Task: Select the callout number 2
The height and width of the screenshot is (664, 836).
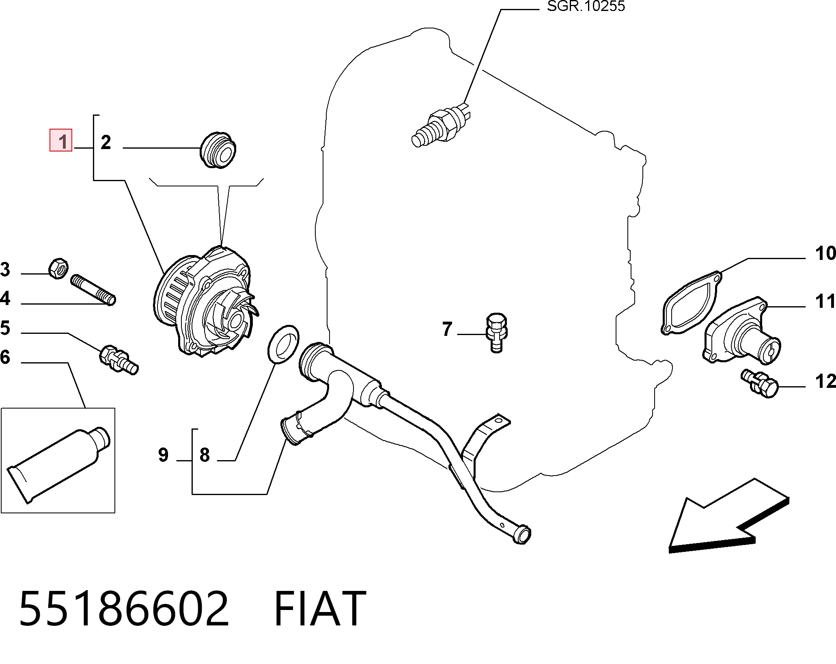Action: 106,143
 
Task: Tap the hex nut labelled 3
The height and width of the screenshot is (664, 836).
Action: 58,268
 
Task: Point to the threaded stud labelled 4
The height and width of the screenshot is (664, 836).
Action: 93,290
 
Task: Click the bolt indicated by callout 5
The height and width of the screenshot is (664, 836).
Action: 119,359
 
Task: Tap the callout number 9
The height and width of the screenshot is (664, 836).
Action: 163,455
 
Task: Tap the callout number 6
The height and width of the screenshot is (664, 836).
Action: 5,357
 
